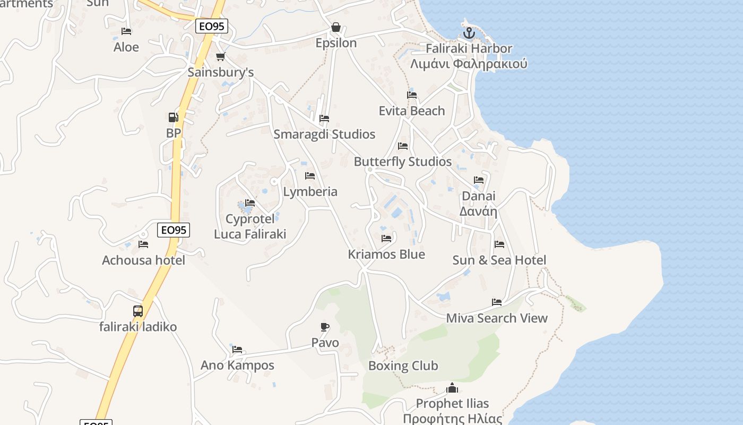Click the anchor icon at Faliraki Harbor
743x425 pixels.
click(469, 33)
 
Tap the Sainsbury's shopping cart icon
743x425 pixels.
click(220, 57)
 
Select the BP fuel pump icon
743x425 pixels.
click(173, 117)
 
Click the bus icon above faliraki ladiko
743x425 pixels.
click(138, 311)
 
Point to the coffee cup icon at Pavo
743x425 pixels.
click(325, 327)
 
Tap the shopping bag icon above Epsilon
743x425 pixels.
click(335, 27)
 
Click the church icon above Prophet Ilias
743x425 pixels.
click(452, 388)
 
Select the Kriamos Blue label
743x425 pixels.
click(386, 254)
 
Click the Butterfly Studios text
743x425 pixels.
click(403, 161)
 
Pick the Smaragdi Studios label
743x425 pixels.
click(324, 134)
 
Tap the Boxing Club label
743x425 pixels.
click(403, 365)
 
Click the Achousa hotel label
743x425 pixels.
click(143, 260)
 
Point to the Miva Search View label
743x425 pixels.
click(497, 318)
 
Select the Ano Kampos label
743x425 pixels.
click(237, 365)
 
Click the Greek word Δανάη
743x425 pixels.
click(478, 211)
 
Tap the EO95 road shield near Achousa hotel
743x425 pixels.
click(174, 230)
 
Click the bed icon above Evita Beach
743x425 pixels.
click(412, 95)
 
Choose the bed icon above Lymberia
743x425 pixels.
click(310, 176)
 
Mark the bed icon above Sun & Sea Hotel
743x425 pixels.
click(499, 244)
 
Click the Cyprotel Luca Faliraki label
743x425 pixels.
click(250, 226)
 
